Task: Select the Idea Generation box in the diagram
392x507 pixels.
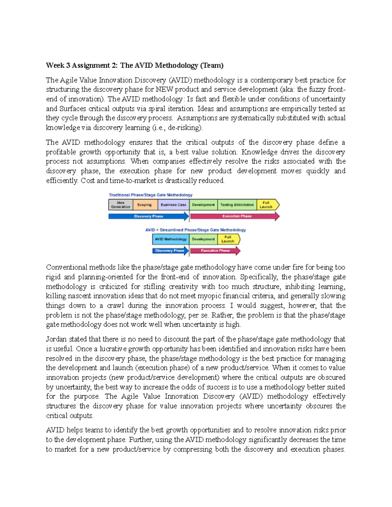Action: click(x=121, y=205)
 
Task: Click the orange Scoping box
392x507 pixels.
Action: click(x=144, y=205)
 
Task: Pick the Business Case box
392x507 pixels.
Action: click(x=173, y=205)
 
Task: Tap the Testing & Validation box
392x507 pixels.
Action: click(x=237, y=205)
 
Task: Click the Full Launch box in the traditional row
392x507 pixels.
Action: click(x=267, y=205)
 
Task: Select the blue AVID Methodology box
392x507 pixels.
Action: click(x=171, y=239)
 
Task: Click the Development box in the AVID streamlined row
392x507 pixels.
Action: click(x=203, y=239)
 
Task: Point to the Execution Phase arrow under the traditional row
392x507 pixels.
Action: click(x=235, y=216)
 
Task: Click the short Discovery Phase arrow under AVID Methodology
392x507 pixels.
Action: click(x=170, y=251)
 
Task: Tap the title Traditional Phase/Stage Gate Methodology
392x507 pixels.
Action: click(x=151, y=195)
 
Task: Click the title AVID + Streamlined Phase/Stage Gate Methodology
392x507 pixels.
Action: click(x=195, y=230)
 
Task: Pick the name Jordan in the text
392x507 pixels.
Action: click(x=56, y=339)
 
